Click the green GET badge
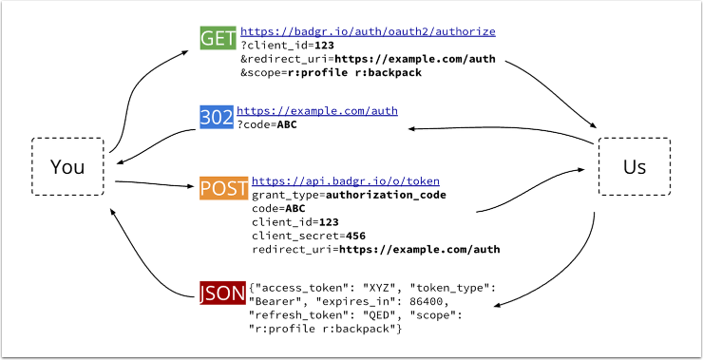[x=218, y=38]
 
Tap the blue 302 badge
[x=216, y=116]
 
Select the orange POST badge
[x=224, y=186]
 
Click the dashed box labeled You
[x=67, y=167]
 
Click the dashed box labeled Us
[x=634, y=167]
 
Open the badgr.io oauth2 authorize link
[x=368, y=31]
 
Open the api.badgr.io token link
[x=345, y=180]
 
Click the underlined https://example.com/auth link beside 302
[x=316, y=111]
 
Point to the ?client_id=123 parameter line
[x=287, y=45]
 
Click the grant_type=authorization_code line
[x=349, y=195]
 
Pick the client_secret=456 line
[x=309, y=235]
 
